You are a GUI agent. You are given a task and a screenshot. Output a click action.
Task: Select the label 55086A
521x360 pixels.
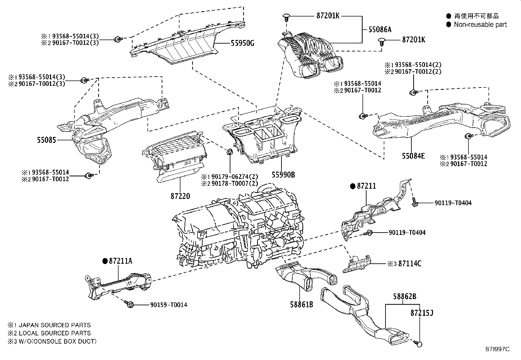pyautogui.click(x=380, y=29)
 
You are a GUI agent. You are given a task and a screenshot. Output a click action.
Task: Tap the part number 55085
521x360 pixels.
pyautogui.click(x=46, y=140)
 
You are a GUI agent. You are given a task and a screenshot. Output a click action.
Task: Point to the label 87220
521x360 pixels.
pyautogui.click(x=180, y=196)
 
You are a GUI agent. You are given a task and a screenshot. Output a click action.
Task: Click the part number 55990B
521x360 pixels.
pyautogui.click(x=283, y=175)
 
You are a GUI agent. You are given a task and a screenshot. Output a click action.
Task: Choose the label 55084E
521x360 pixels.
pyautogui.click(x=413, y=156)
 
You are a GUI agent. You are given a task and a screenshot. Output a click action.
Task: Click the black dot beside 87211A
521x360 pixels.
pyautogui.click(x=105, y=261)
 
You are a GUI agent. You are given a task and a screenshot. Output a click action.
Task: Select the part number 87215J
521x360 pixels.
pyautogui.click(x=422, y=313)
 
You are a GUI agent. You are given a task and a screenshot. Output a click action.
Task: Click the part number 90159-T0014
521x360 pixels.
pyautogui.click(x=169, y=305)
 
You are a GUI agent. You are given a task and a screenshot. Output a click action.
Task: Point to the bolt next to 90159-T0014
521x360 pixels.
pyautogui.click(x=130, y=304)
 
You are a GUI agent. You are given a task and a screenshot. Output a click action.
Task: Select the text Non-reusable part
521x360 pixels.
pyautogui.click(x=480, y=25)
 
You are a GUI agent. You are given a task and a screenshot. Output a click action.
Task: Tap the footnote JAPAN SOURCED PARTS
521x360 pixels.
pyautogui.click(x=55, y=325)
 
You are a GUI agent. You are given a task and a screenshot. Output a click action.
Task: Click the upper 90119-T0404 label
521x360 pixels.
pyautogui.click(x=453, y=203)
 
